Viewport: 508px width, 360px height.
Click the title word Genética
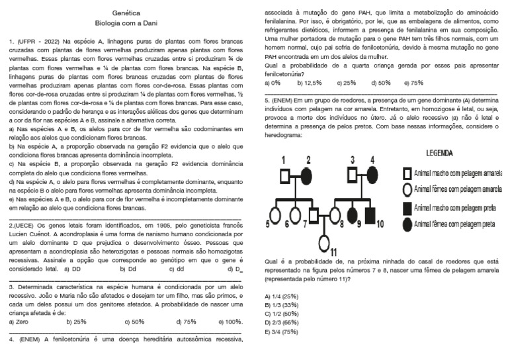(x=126, y=13)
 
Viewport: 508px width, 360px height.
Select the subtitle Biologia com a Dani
(x=126, y=22)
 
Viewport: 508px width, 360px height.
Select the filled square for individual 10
(x=370, y=216)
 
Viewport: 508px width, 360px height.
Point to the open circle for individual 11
(x=325, y=243)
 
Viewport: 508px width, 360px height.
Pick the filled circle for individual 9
(x=352, y=216)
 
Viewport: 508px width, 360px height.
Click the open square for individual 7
(x=315, y=216)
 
